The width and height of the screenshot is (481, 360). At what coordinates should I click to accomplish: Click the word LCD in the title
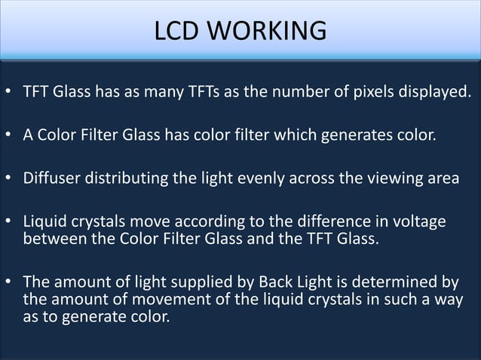(x=179, y=31)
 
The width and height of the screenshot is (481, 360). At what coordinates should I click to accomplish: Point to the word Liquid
(x=44, y=222)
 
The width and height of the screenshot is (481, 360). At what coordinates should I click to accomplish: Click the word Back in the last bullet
(x=277, y=282)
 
